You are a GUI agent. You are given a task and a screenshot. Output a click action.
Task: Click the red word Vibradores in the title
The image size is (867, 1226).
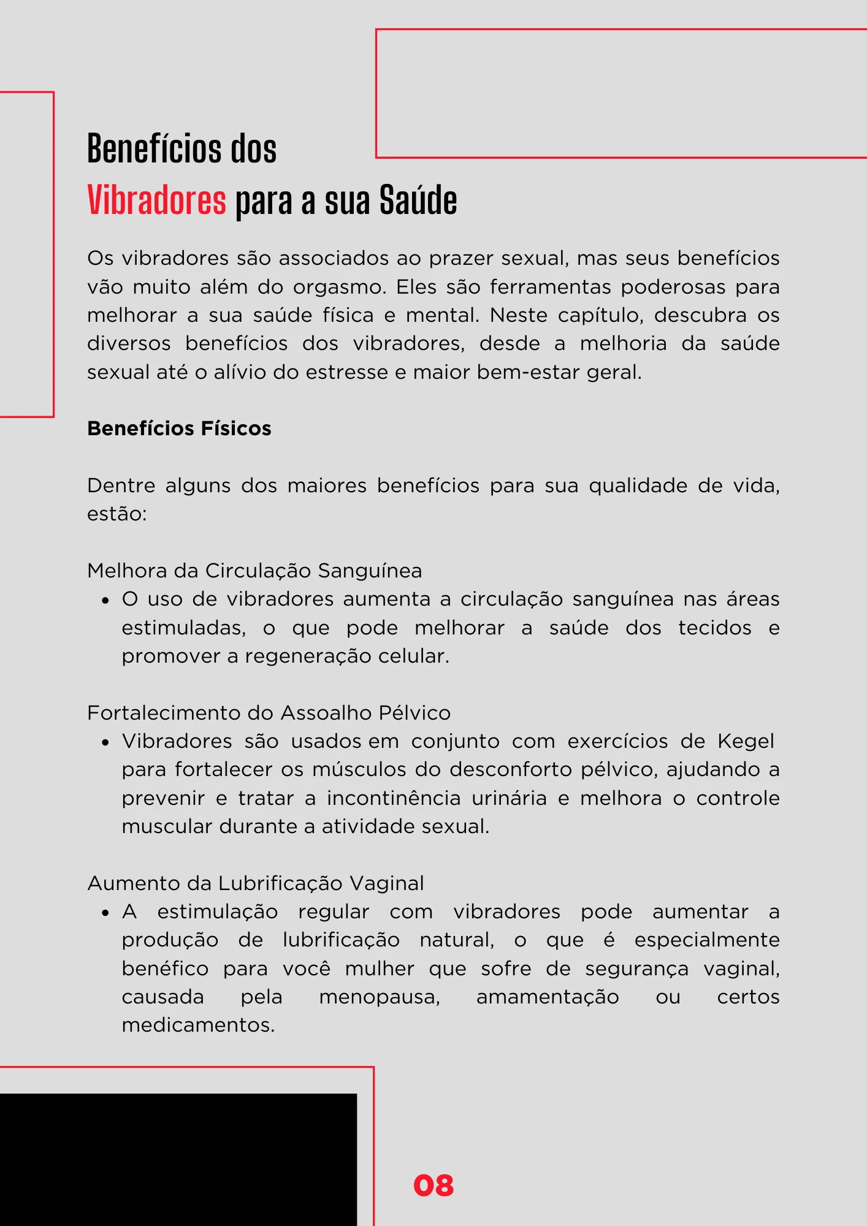(157, 200)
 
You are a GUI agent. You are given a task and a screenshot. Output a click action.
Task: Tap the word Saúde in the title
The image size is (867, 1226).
(418, 200)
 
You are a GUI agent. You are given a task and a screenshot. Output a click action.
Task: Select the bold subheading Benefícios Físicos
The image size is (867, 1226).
(179, 428)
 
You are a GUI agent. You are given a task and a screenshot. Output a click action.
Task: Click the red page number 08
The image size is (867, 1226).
(433, 1186)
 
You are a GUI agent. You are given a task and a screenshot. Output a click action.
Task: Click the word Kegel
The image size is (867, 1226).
(746, 741)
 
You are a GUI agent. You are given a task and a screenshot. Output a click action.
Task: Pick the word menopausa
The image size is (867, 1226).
(380, 997)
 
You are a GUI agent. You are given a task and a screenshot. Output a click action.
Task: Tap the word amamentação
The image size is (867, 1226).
(548, 997)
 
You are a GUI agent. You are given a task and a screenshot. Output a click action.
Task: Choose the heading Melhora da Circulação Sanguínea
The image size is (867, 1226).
(254, 571)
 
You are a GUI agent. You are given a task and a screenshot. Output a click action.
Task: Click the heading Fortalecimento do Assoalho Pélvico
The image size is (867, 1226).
(269, 713)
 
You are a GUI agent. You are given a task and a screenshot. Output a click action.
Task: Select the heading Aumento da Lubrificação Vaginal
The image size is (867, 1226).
(256, 883)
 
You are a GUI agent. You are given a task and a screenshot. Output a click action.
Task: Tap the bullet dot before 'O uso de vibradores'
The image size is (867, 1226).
(105, 601)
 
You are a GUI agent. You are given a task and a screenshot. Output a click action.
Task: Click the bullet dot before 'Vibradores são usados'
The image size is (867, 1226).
(105, 742)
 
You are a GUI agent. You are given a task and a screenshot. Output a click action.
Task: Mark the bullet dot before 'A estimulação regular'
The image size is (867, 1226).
(105, 913)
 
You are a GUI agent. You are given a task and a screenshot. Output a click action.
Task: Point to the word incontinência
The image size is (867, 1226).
(394, 798)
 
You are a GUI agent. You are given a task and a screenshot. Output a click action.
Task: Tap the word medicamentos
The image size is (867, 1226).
(198, 1025)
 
